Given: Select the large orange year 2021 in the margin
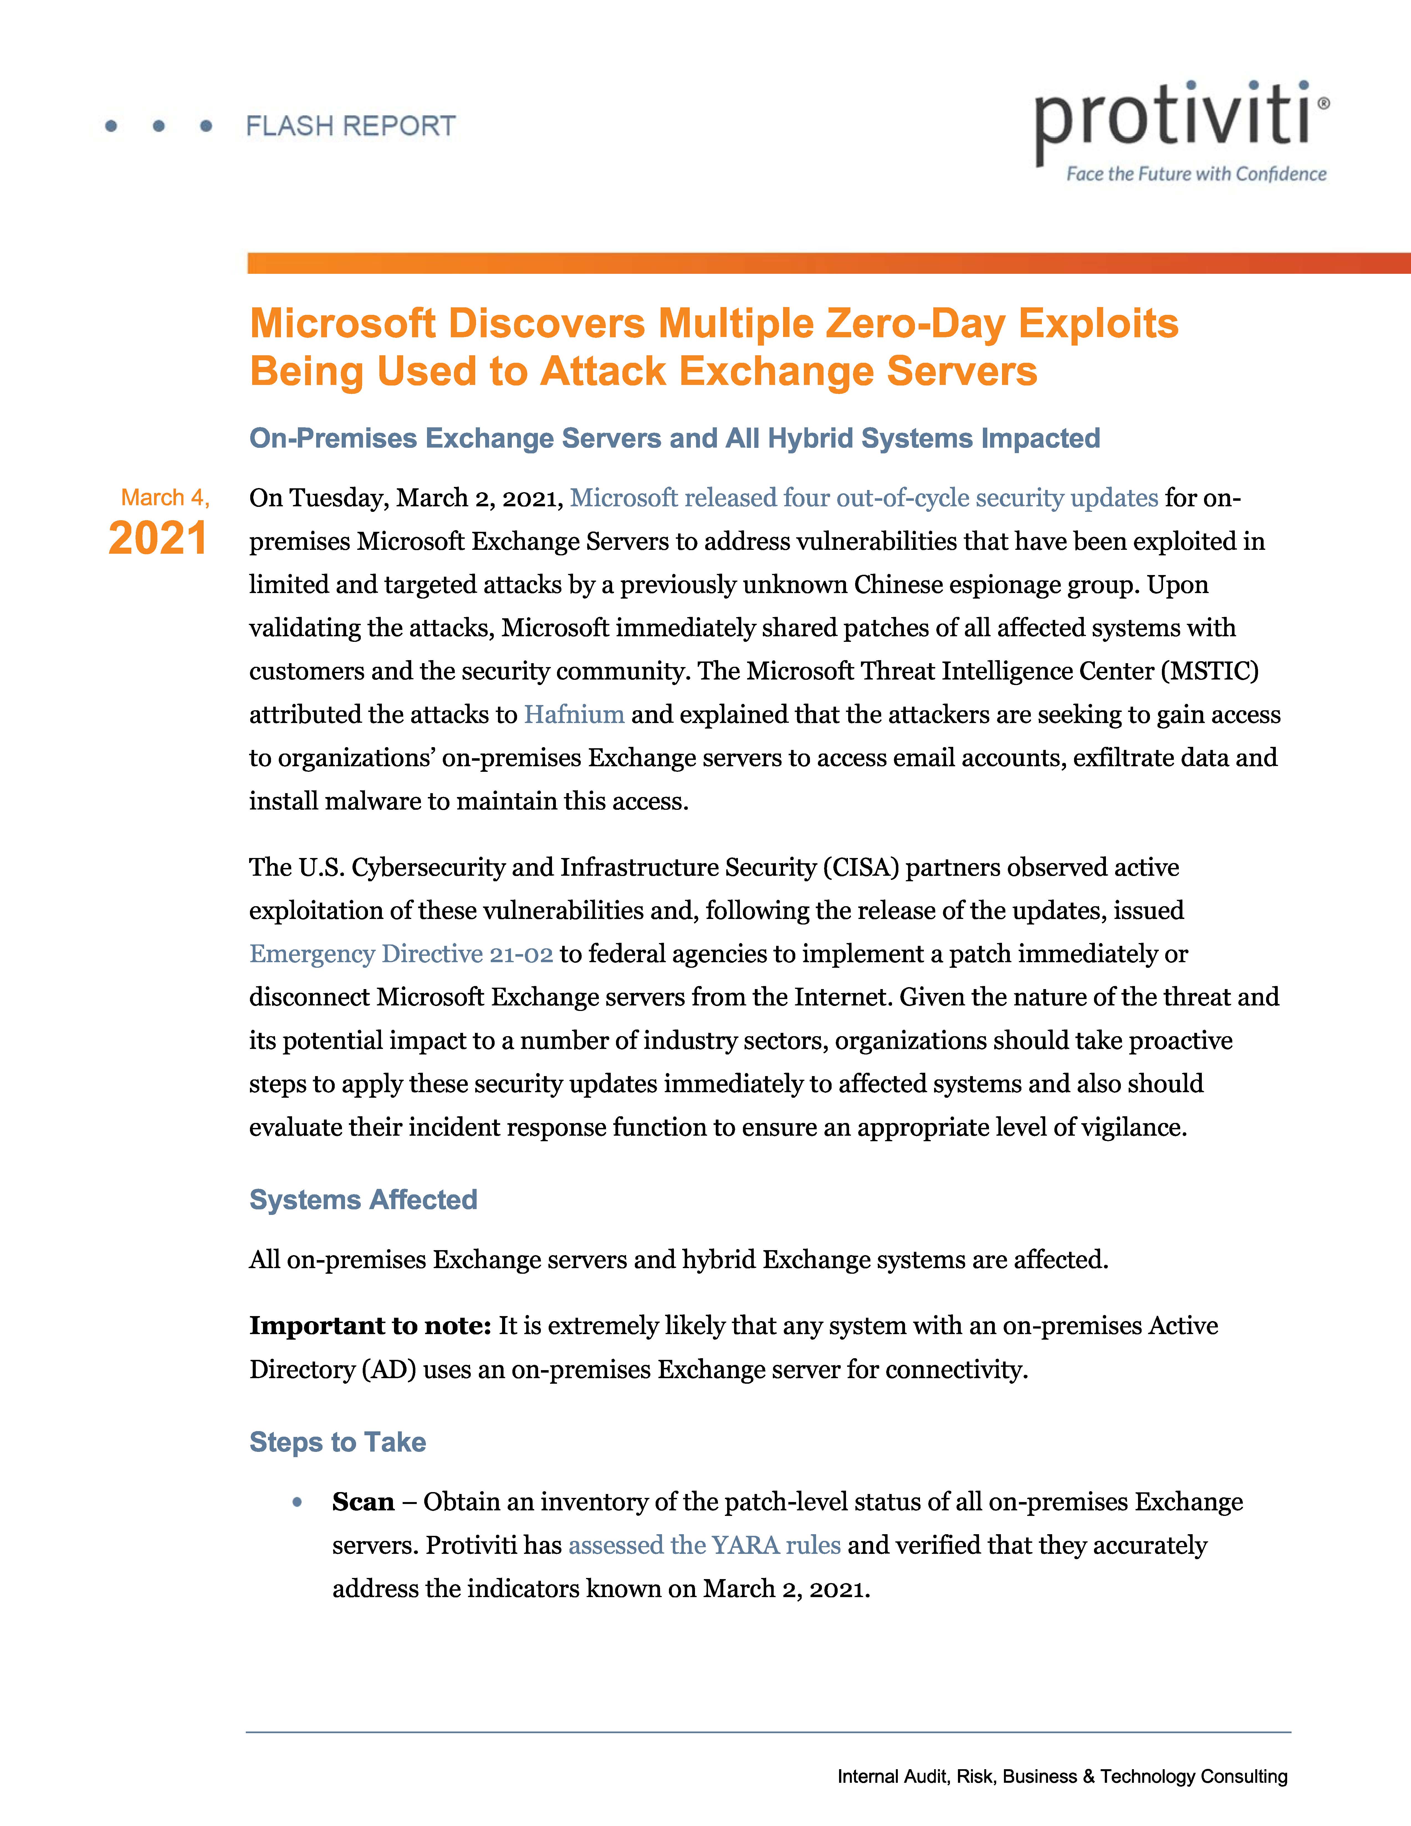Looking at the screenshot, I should [x=158, y=538].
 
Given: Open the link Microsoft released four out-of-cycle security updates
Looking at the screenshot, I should [x=863, y=498].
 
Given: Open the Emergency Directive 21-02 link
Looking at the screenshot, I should [x=401, y=954].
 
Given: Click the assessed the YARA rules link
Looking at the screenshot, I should [x=704, y=1545].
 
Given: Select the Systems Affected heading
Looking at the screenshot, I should [x=363, y=1200].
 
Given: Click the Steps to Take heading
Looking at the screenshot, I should [x=338, y=1442].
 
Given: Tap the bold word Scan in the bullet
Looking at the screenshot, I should [x=363, y=1502].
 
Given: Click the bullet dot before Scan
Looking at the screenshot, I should [x=297, y=1502].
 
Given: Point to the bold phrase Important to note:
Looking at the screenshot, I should [x=369, y=1326].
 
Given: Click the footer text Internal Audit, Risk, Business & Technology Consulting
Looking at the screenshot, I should [x=1062, y=1777].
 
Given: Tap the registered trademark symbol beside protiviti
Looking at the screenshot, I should [x=1323, y=104].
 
